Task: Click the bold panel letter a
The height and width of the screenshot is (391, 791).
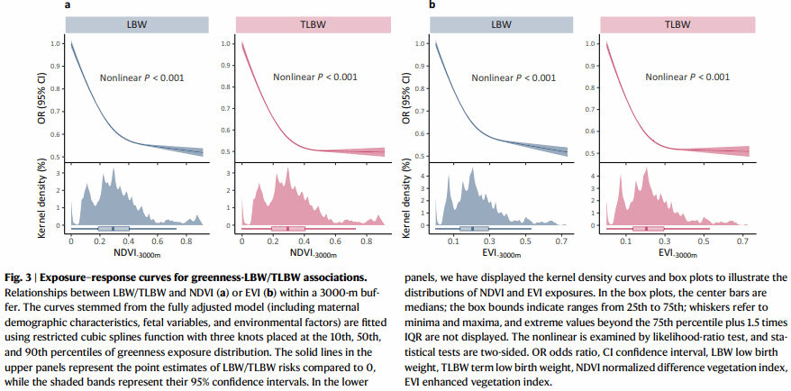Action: click(67, 5)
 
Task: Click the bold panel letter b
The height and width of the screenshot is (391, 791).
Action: click(432, 5)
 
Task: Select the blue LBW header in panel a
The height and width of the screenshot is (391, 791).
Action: click(135, 24)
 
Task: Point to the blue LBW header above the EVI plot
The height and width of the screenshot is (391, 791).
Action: click(503, 24)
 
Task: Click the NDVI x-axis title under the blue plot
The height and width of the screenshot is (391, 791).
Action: click(137, 256)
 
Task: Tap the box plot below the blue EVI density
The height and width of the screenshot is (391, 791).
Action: click(472, 229)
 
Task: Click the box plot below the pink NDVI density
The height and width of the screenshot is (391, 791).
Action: click(288, 229)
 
